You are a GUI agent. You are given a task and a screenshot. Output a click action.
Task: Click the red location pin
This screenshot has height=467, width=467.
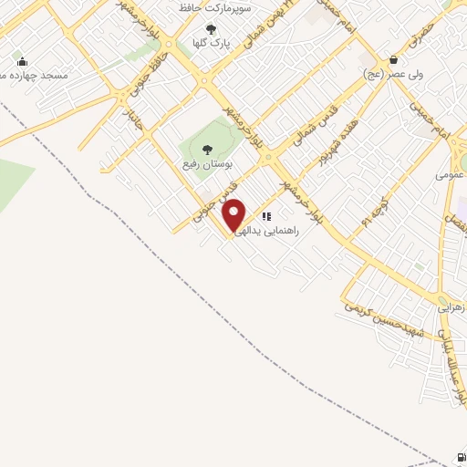(x=235, y=214)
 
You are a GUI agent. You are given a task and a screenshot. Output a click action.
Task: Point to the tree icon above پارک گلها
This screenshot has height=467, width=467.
(x=212, y=29)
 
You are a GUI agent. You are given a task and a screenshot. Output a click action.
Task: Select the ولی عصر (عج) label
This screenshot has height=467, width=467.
(x=393, y=73)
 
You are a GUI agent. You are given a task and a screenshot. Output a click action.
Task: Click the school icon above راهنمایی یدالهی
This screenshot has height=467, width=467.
(x=267, y=216)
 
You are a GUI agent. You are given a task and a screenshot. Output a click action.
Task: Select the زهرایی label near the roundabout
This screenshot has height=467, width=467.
(x=452, y=308)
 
